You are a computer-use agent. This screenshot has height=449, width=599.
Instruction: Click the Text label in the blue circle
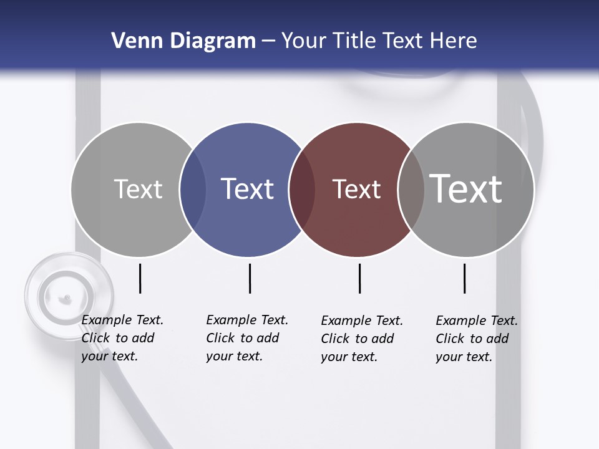[247, 189]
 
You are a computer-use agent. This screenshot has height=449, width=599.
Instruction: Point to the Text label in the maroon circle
[356, 189]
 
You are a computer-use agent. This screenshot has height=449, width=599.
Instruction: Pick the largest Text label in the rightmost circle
[466, 188]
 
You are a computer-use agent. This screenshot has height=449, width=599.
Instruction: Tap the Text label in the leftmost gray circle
[138, 189]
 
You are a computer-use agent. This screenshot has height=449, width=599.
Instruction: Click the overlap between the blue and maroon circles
[303, 190]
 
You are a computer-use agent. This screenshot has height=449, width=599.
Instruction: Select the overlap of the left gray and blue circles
[193, 190]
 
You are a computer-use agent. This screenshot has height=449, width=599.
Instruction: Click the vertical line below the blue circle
[250, 278]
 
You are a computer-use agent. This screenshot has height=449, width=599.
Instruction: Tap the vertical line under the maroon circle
[359, 278]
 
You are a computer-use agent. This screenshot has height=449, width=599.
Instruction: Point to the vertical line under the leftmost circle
[140, 278]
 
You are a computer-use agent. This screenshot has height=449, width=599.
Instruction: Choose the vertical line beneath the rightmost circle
[464, 278]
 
